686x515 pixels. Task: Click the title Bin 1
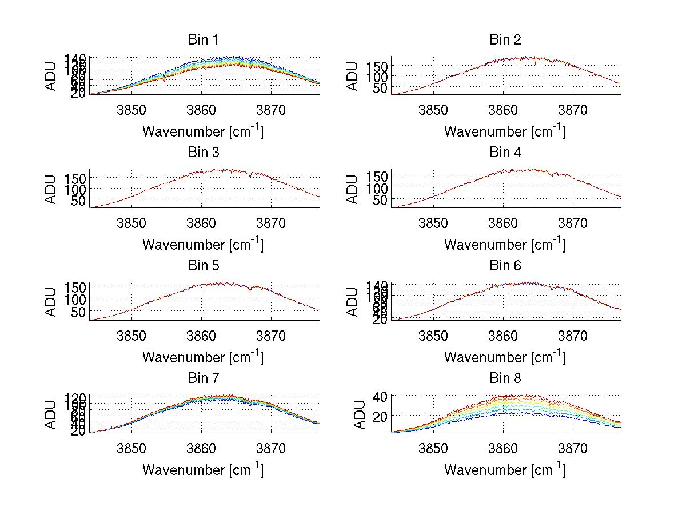(x=203, y=40)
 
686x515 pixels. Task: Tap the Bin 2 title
(x=505, y=40)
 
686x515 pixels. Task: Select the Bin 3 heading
(x=203, y=153)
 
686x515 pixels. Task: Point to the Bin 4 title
(x=505, y=153)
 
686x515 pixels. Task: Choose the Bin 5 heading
(x=203, y=266)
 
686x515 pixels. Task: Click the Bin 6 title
(x=505, y=266)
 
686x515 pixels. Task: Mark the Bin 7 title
(x=203, y=378)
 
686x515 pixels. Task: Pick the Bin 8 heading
(x=505, y=378)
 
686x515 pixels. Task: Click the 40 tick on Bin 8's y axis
(x=381, y=396)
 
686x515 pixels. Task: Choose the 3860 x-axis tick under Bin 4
(x=503, y=223)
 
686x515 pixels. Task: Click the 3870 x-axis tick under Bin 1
(x=271, y=110)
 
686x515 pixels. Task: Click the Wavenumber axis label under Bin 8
(x=505, y=469)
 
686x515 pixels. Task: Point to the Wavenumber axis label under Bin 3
(x=203, y=244)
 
